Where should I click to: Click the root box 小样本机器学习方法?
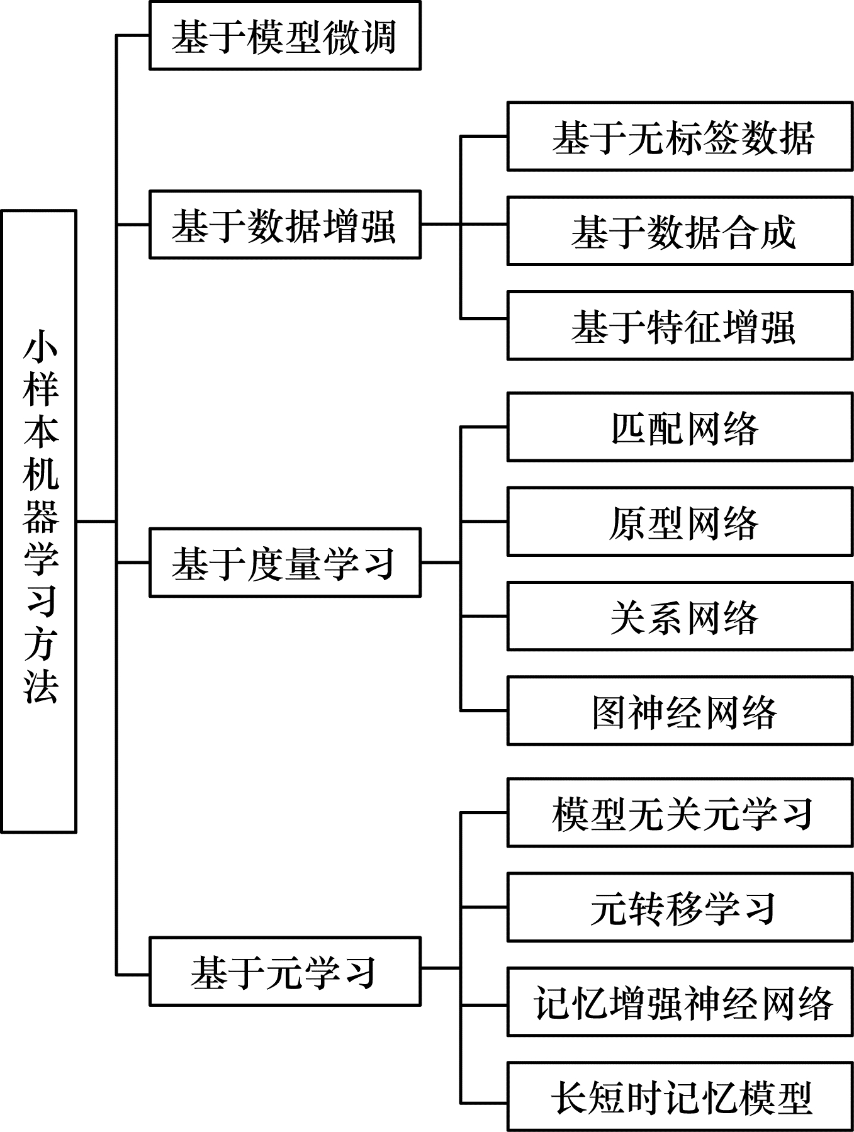click(x=38, y=522)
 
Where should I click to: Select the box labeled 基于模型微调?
click(x=284, y=35)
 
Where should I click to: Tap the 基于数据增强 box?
click(x=284, y=225)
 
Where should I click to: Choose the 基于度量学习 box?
click(x=284, y=563)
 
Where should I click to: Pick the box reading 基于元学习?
click(x=284, y=972)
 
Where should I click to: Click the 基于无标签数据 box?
click(x=680, y=137)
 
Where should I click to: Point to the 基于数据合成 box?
click(x=680, y=231)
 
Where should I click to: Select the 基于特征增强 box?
click(x=680, y=325)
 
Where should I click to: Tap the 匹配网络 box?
click(x=680, y=427)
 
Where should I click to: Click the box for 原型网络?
click(x=680, y=522)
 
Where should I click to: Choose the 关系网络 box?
click(x=680, y=616)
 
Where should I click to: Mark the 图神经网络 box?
click(x=680, y=711)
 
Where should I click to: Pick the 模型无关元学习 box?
click(x=680, y=812)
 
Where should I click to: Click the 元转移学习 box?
click(x=680, y=907)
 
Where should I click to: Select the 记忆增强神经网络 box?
click(x=680, y=1002)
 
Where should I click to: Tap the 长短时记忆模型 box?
click(x=680, y=1097)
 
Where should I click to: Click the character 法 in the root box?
click(x=40, y=685)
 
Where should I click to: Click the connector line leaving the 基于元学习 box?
click(x=441, y=968)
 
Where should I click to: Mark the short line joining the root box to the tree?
click(x=96, y=522)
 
